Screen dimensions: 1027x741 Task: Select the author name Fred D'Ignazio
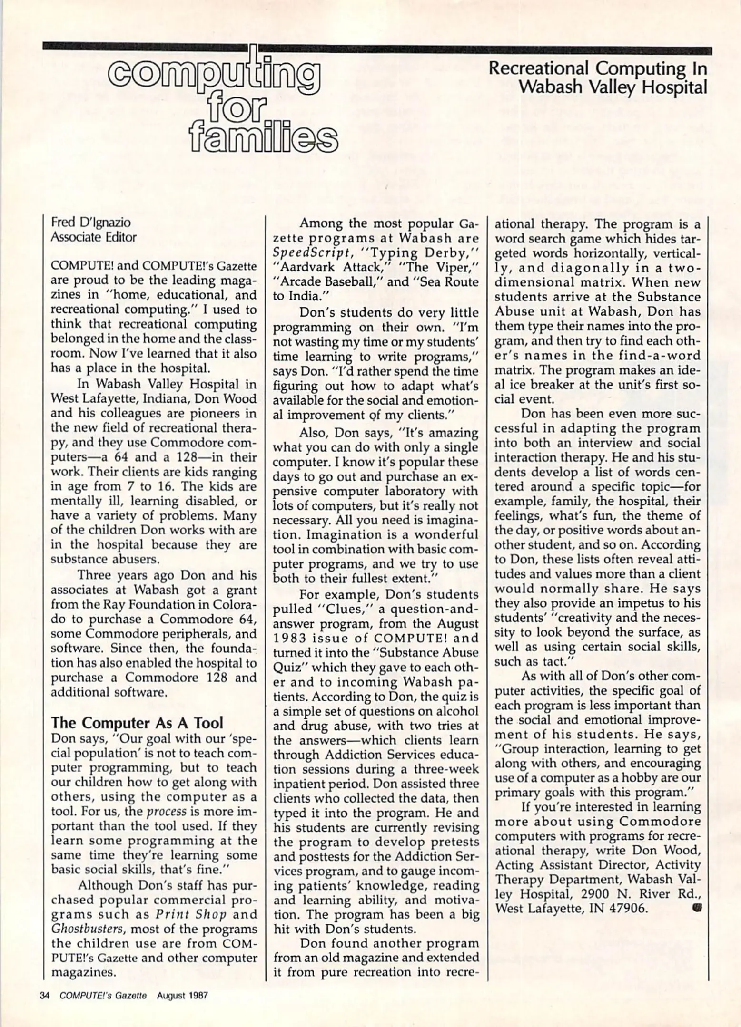(90, 222)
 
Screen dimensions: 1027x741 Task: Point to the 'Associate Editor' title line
(93, 237)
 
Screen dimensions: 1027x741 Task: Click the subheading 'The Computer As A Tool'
(137, 723)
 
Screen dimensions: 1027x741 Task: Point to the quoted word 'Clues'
(343, 608)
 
